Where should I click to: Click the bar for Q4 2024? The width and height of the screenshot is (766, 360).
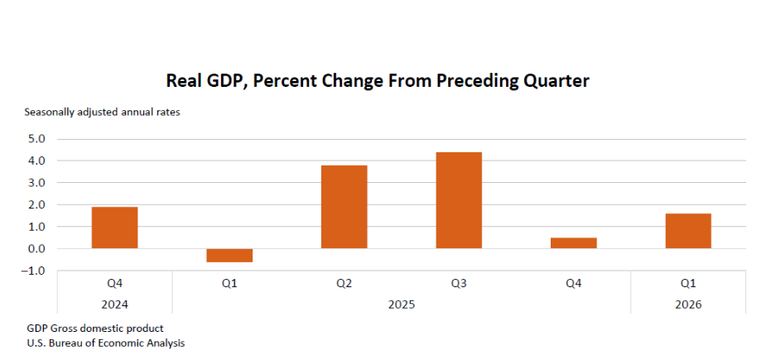point(115,228)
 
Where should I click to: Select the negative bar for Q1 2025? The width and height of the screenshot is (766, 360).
point(229,256)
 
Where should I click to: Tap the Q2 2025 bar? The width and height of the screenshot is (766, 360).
point(344,207)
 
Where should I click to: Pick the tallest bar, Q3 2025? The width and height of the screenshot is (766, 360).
point(459,200)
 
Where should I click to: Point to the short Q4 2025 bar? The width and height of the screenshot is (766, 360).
point(574,243)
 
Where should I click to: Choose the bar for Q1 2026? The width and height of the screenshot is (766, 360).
point(688,231)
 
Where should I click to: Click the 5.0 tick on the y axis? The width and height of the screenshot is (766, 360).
point(36,139)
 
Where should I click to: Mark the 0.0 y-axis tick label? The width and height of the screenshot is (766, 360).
point(36,248)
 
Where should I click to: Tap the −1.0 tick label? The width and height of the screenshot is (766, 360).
point(34,271)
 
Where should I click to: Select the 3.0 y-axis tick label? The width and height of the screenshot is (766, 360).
point(36,183)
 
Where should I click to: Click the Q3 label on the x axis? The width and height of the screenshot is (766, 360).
point(459,283)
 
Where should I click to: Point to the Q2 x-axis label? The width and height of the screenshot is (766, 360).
point(344,283)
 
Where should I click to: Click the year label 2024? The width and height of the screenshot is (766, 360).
point(115,305)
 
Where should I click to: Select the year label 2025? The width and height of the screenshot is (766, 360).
point(402,305)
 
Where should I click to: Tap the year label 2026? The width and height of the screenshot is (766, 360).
point(688,305)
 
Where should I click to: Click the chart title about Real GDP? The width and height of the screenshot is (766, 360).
point(378,81)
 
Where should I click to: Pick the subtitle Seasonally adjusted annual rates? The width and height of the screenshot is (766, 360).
point(103,113)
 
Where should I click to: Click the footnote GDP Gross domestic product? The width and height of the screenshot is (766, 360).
point(95,329)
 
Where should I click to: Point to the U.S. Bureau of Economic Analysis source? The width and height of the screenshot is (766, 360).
point(106,343)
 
